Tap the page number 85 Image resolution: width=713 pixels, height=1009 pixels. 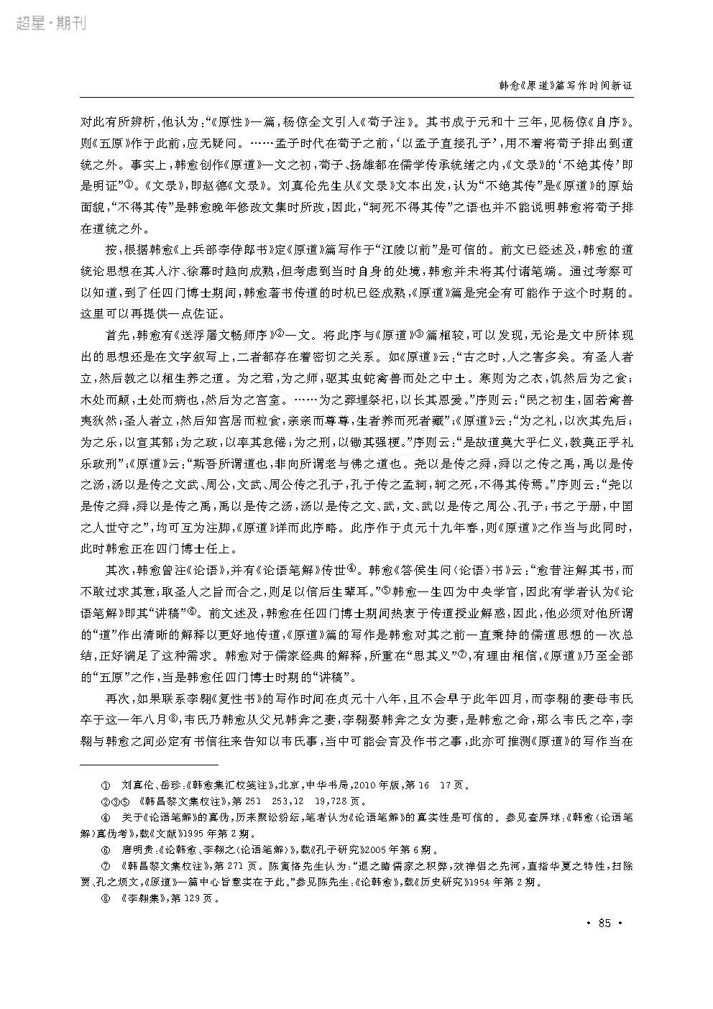point(604,922)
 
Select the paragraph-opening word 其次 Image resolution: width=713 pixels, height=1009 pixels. point(118,569)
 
